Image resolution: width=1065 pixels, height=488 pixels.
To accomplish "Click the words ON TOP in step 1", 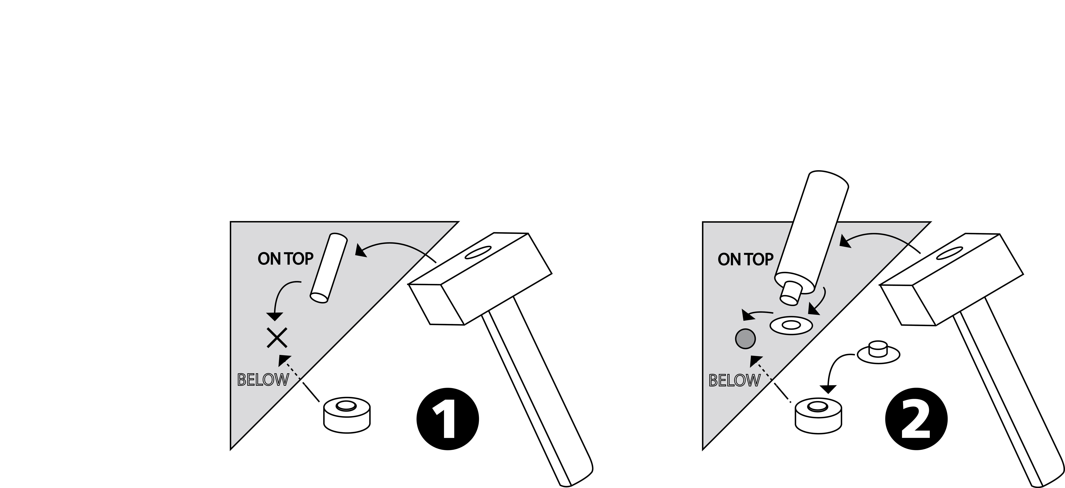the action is click(x=285, y=259).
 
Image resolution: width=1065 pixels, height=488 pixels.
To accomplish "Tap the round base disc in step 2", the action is click(x=819, y=416).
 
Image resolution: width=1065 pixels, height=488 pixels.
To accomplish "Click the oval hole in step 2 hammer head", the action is click(x=949, y=253).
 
